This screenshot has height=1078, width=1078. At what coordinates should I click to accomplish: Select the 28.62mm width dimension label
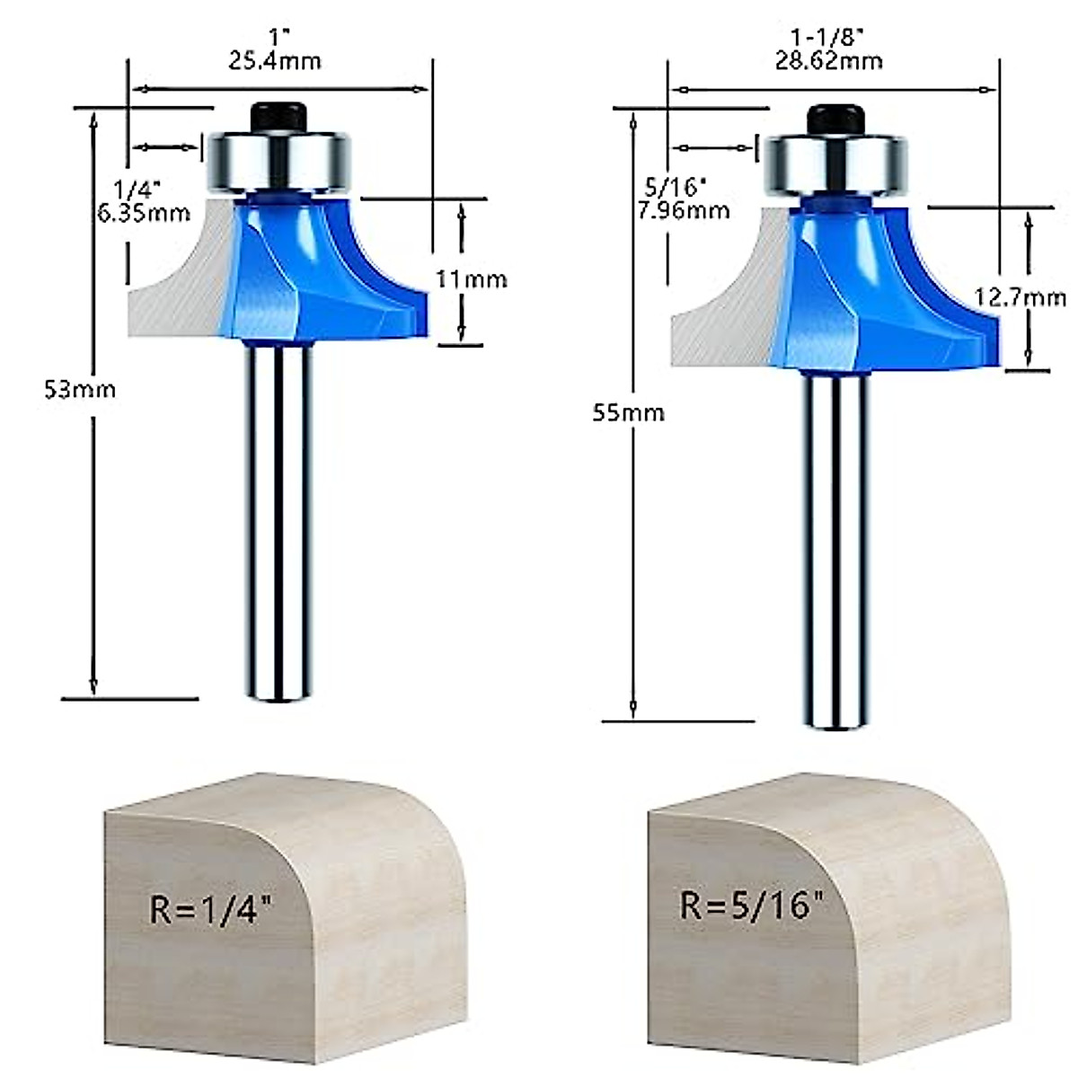(828, 61)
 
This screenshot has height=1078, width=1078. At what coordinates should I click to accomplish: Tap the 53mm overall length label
(81, 389)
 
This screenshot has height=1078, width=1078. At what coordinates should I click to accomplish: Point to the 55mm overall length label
(629, 412)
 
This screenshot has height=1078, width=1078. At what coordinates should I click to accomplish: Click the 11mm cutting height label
(472, 279)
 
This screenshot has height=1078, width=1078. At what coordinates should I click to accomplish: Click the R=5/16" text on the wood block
(753, 905)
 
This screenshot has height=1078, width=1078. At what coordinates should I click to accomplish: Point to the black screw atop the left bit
(278, 118)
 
